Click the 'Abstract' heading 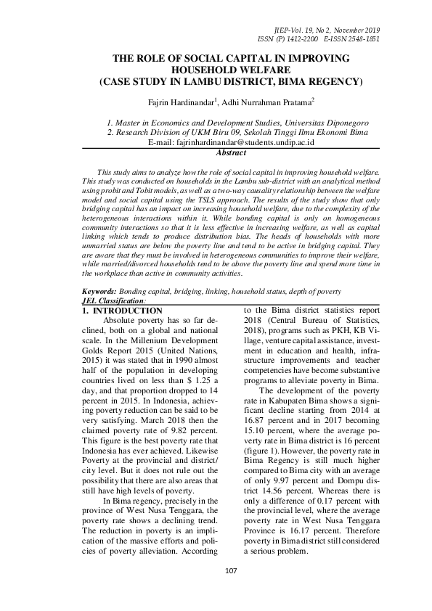tap(232, 153)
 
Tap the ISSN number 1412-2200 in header tap(301, 38)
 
